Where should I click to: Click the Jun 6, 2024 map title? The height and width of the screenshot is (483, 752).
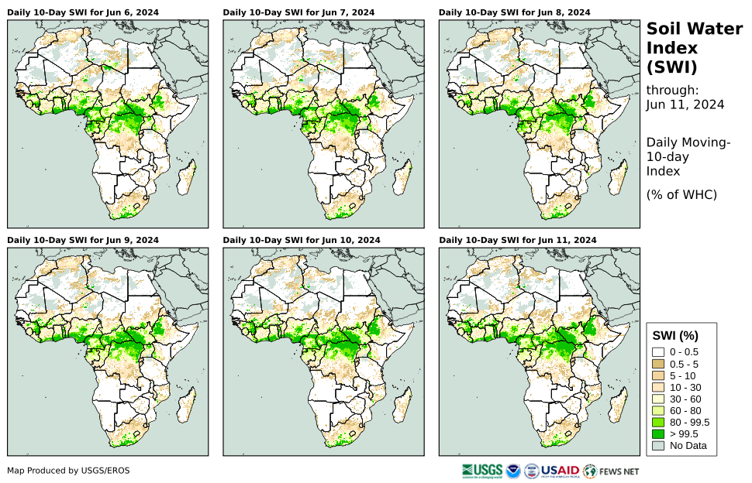pos(82,12)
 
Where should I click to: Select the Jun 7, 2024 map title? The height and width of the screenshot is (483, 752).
pos(298,12)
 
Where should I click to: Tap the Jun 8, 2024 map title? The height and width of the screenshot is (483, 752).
pos(514,12)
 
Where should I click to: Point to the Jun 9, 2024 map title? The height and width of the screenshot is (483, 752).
pos(82,240)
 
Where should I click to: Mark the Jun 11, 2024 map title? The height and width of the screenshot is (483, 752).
pos(517,240)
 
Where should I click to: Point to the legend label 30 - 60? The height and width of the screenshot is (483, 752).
pos(685,399)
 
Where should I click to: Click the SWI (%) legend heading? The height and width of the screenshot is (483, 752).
pos(675,335)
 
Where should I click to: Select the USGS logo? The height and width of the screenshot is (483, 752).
pos(481,471)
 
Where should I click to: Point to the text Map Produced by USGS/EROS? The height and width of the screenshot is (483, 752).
pos(68,471)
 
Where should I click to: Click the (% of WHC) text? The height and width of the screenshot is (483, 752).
pos(681,194)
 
